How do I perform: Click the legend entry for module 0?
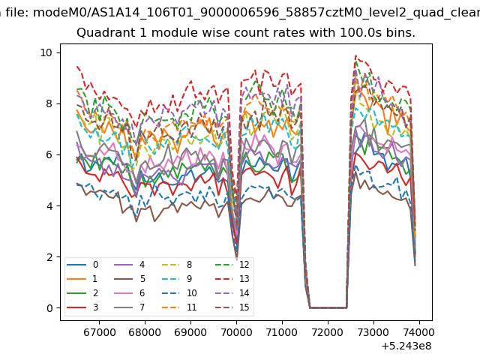82,265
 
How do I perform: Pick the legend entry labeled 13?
232,279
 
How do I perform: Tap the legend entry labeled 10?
180,293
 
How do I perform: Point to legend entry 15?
232,307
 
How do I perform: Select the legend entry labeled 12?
232,265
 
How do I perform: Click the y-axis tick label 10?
46,52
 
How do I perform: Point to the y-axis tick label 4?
49,206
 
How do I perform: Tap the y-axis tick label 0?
49,308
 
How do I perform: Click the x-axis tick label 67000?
99,332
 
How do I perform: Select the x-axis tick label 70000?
237,332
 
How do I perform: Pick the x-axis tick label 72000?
328,332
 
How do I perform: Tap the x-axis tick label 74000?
419,332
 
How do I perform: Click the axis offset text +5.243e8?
406,346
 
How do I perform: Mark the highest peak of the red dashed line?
355,55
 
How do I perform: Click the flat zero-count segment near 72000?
328,307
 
